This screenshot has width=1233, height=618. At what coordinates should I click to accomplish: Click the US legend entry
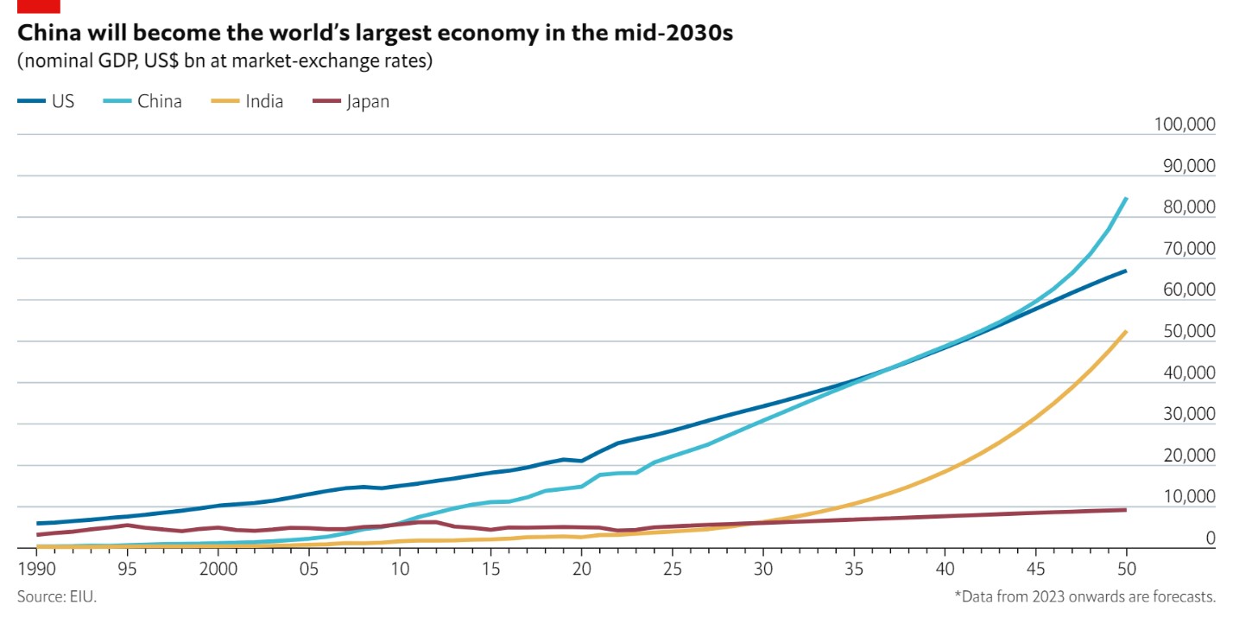[x=47, y=101]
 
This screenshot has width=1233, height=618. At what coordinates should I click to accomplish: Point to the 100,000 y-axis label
[x=1184, y=124]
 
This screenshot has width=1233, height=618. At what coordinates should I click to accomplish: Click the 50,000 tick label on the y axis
[x=1187, y=331]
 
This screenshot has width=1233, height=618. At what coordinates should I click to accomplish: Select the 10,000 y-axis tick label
[x=1187, y=496]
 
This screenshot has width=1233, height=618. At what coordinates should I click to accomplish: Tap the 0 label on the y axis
[x=1211, y=538]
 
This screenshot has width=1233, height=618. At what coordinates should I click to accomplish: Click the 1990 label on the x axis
[x=35, y=569]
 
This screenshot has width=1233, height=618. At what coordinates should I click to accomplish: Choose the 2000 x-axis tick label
[x=218, y=569]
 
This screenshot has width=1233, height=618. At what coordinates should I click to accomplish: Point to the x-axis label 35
[x=853, y=569]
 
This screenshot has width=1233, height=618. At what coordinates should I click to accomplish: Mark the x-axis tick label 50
[x=1126, y=569]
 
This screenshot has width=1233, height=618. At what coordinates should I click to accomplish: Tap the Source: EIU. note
[x=57, y=596]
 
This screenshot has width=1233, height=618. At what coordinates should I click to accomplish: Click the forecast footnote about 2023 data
[x=1084, y=596]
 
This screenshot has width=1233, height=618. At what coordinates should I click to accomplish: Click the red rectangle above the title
[x=38, y=6]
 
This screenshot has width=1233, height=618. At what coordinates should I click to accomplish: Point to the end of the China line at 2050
[x=1126, y=199]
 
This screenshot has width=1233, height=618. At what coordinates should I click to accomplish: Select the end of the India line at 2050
[x=1126, y=331]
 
